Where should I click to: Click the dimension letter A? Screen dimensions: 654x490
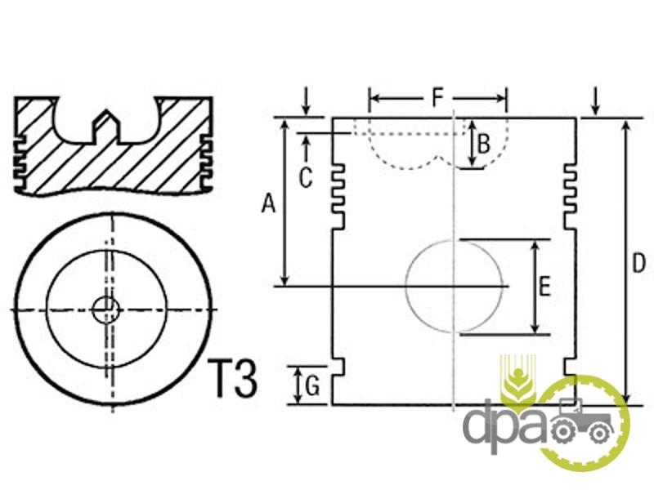pyautogui.click(x=269, y=203)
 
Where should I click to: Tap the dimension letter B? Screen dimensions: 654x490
pyautogui.click(x=483, y=145)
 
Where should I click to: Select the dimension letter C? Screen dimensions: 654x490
pyautogui.click(x=305, y=178)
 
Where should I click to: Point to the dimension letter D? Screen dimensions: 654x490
pyautogui.click(x=638, y=263)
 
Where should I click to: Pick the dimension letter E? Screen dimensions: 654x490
pyautogui.click(x=544, y=287)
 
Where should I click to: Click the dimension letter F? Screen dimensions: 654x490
pyautogui.click(x=437, y=97)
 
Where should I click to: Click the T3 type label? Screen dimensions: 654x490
pyautogui.click(x=232, y=378)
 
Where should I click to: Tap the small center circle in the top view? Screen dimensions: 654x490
pyautogui.click(x=105, y=310)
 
